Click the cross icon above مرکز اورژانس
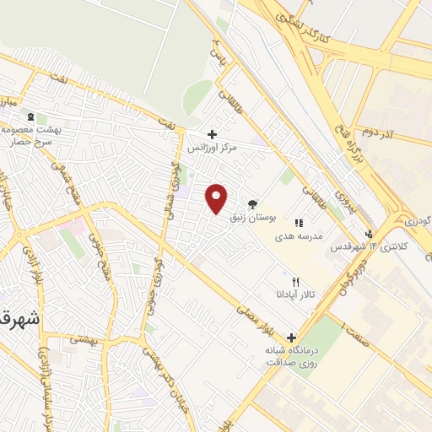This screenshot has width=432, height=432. tap(212, 134)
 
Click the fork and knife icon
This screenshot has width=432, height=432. tap(294, 281)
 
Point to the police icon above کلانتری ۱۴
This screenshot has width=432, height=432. tap(368, 234)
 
